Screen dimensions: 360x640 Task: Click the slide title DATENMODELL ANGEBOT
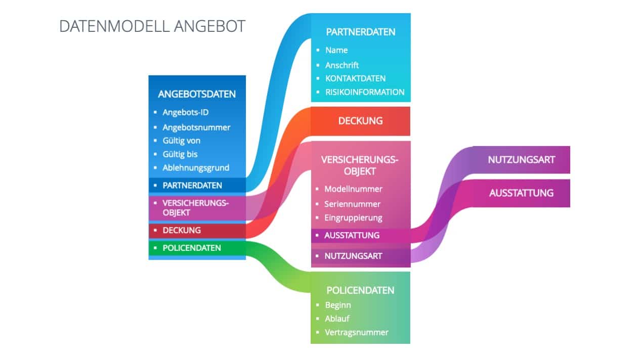coord(152,26)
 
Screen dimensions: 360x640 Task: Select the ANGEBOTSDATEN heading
coord(197,94)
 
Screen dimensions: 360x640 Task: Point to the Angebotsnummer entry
coord(196,127)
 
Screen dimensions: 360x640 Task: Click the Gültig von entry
coord(181,141)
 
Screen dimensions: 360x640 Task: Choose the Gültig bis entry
coord(180,154)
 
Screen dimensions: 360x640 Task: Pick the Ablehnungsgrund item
coord(196,168)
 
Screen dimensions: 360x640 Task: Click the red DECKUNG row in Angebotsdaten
coord(182,230)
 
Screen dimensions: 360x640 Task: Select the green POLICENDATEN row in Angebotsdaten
coord(192,248)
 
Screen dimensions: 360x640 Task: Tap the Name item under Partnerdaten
coord(336,50)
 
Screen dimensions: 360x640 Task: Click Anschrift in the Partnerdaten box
coord(342,65)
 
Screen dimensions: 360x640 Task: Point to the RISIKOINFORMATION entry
coord(365,92)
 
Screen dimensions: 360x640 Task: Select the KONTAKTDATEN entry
coord(355,78)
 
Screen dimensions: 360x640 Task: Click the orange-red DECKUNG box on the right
coord(360,121)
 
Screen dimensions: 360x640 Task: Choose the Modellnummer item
coord(353,189)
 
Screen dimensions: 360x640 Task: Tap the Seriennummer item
coord(352,204)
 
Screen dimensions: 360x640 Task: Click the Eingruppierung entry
coord(353,218)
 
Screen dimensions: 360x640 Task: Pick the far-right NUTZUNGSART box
coord(521,160)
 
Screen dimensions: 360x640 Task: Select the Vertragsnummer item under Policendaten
coord(357,332)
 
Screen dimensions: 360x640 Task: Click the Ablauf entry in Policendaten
coord(337,319)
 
